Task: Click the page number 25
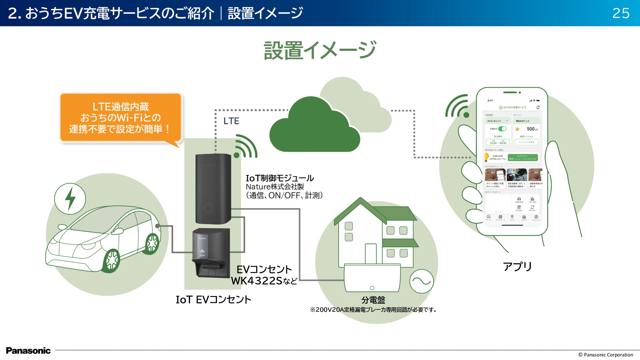pos(621,13)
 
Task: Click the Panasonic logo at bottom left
pos(28,351)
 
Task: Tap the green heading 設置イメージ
pos(320,50)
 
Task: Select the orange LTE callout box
pos(121,118)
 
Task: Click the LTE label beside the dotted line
pos(231,121)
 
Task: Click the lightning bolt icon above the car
pos(70,199)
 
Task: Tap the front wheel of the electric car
pos(112,260)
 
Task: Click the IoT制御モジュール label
pos(280,178)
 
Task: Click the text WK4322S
pos(257,281)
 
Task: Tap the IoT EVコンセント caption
pos(213,300)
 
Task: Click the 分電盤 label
pos(373,300)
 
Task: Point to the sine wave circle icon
pos(421,281)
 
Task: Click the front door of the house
pos(371,254)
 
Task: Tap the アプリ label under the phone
pos(517,266)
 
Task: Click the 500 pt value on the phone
pos(532,129)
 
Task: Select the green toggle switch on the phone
pos(502,129)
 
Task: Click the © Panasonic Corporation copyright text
pos(605,355)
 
